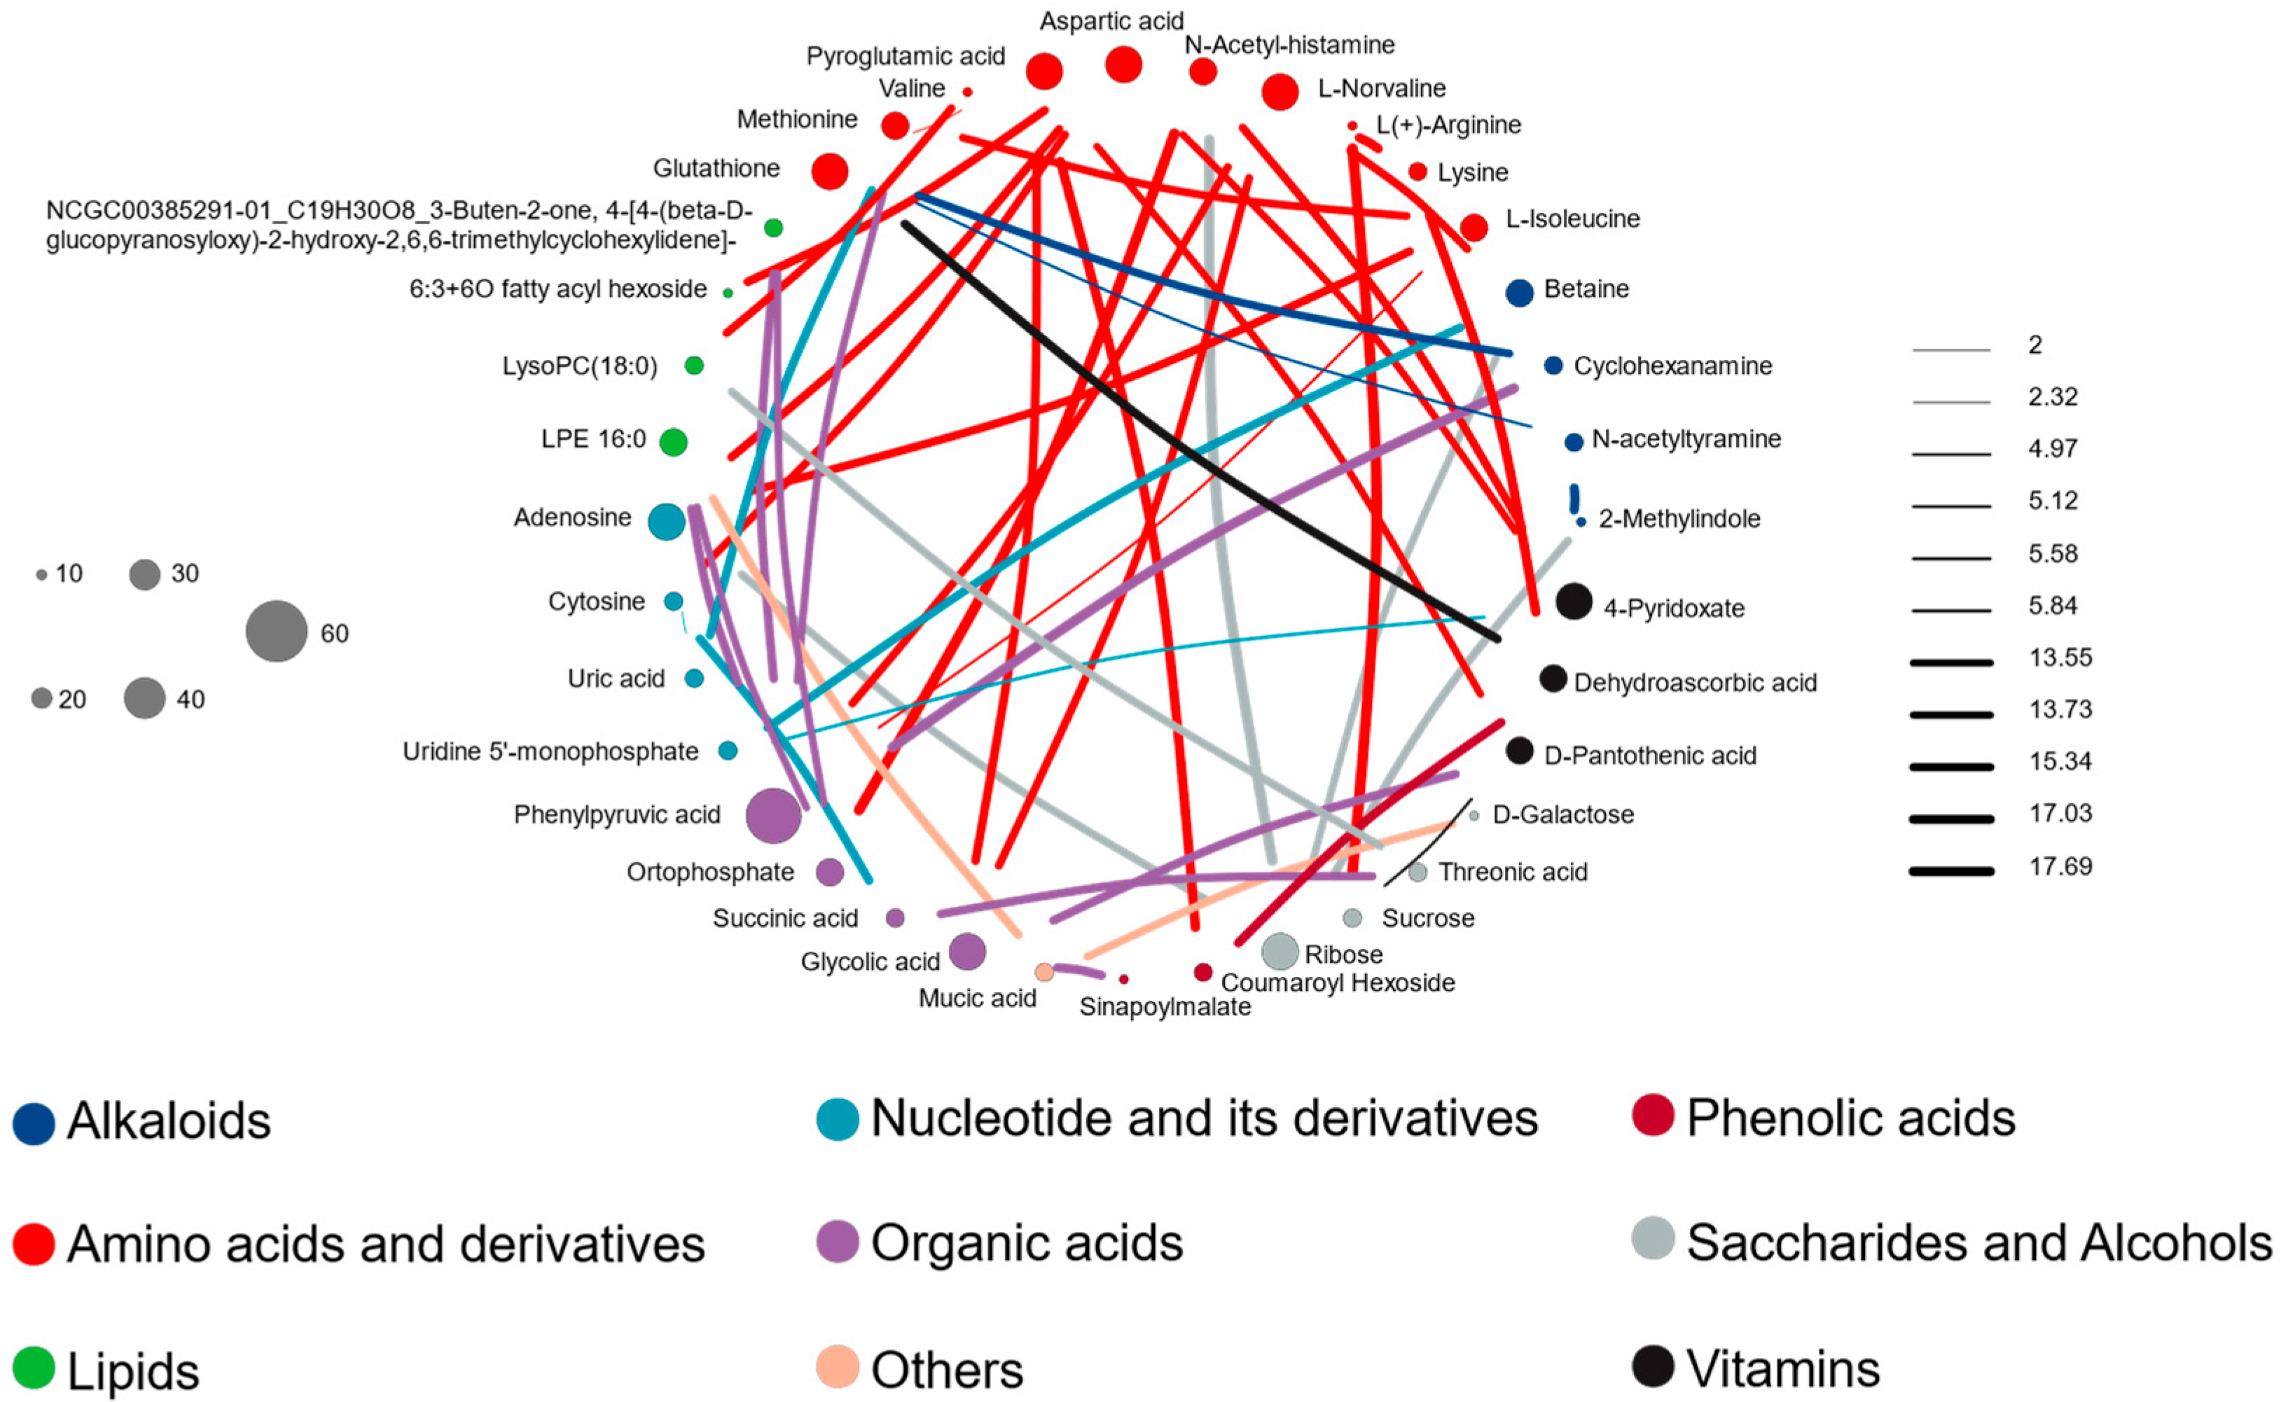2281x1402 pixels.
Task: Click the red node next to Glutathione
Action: (829, 172)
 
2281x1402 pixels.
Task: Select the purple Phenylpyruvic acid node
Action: (772, 816)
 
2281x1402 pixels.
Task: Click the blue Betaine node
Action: (1519, 293)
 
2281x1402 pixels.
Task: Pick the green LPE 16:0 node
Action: (673, 443)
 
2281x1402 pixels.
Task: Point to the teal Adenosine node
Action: (666, 522)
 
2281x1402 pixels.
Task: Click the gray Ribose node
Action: (1280, 951)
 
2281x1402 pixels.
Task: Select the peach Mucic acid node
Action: (1044, 972)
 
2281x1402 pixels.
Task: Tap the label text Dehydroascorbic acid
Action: (1695, 683)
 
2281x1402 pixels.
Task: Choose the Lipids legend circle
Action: (34, 1368)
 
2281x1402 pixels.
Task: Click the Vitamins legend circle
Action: (1652, 1365)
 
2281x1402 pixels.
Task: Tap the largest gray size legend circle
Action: (277, 632)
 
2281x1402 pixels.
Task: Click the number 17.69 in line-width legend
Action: (2060, 866)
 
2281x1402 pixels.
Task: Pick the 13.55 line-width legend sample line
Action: (1951, 662)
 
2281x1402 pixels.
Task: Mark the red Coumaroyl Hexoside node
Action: (1202, 972)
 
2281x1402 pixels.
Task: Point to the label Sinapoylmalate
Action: (1165, 1007)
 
